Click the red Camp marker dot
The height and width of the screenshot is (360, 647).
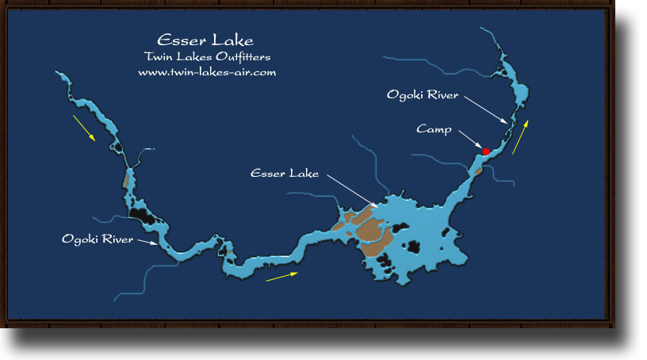tap(485, 151)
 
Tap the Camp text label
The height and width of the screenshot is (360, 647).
tap(435, 128)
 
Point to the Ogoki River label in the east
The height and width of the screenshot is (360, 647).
tap(423, 95)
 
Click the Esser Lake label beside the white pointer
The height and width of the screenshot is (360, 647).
tap(284, 172)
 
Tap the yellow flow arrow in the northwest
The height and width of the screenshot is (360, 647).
tap(83, 128)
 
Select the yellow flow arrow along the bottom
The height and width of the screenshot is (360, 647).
tap(283, 276)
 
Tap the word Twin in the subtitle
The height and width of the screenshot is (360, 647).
tap(156, 57)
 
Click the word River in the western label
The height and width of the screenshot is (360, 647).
tap(116, 238)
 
